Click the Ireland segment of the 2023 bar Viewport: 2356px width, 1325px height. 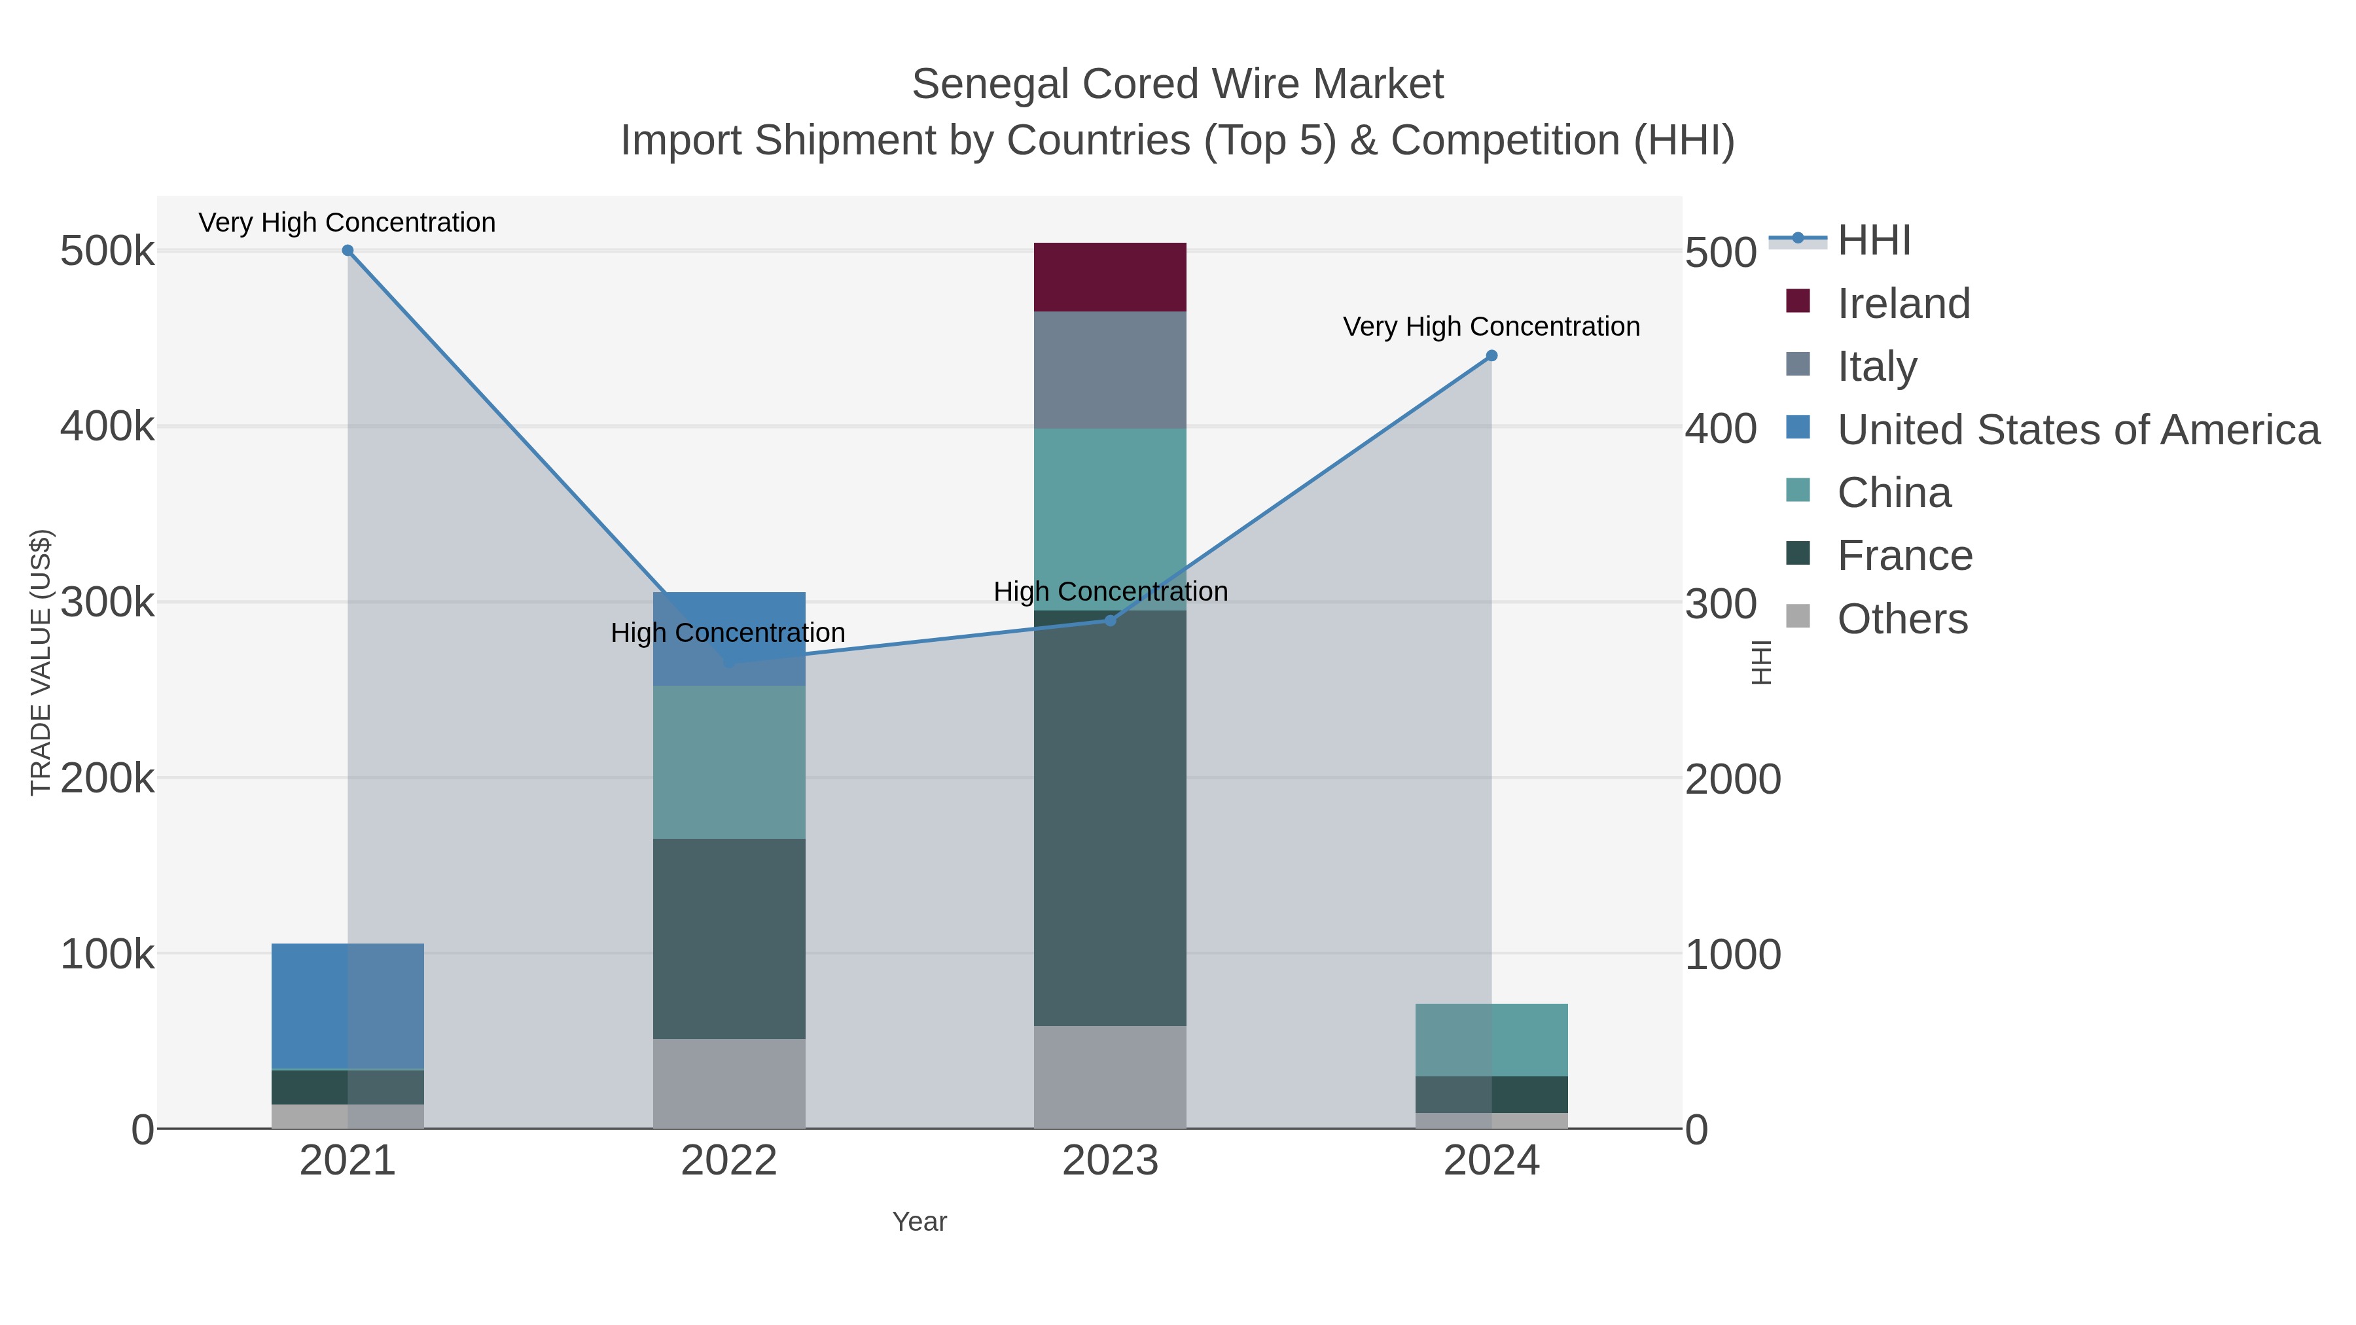tap(1109, 277)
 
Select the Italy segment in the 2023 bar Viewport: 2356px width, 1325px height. tap(1109, 370)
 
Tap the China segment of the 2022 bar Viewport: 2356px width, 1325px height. tap(729, 762)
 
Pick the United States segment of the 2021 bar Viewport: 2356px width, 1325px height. tap(348, 1006)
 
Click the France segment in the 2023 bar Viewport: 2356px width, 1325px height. tap(1109, 819)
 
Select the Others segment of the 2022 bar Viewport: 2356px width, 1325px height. tap(729, 1084)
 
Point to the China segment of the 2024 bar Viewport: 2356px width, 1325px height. tap(1491, 1040)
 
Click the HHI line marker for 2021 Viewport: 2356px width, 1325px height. tap(348, 251)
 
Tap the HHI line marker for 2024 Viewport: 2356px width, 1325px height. tap(1491, 356)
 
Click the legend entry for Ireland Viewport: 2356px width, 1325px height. tap(1902, 304)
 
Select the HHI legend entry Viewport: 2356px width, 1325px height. tap(1873, 241)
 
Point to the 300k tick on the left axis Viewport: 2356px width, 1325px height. tap(107, 603)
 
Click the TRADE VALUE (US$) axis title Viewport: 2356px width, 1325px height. tap(41, 662)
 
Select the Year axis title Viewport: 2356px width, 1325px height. tap(919, 1222)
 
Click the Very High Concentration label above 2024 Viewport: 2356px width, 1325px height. tap(1491, 327)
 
